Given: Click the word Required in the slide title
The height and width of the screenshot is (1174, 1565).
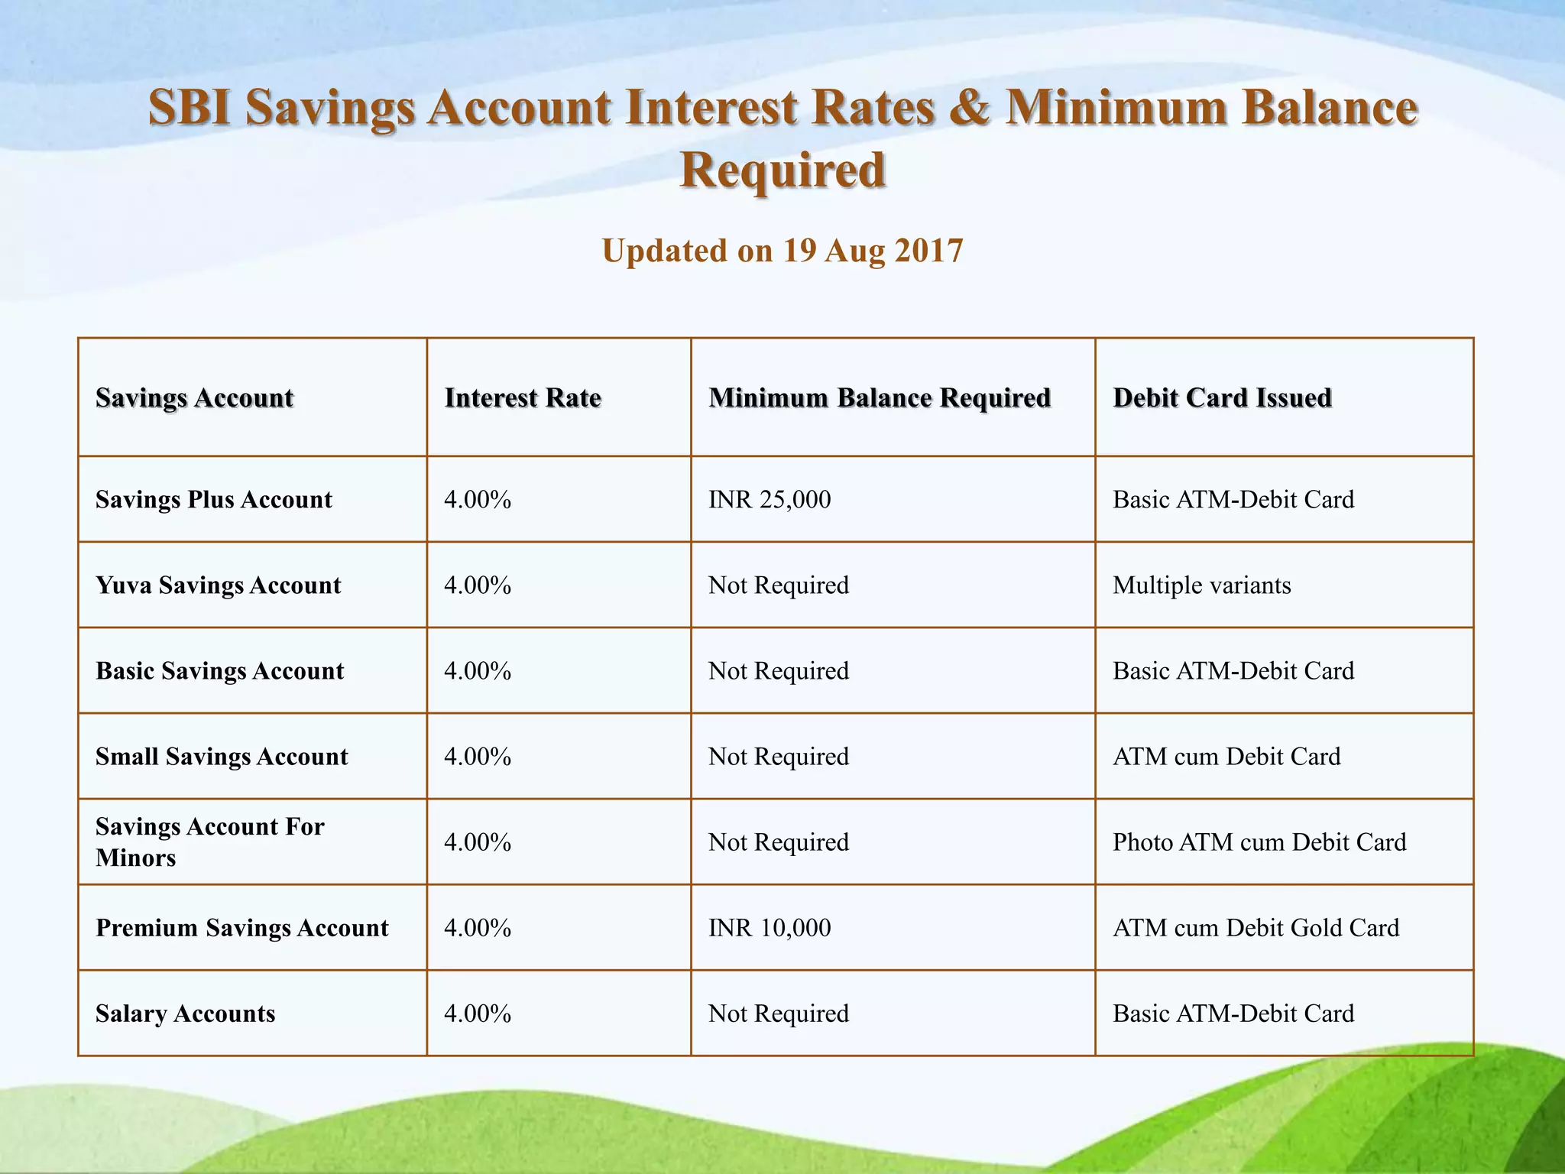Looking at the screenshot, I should pos(782,170).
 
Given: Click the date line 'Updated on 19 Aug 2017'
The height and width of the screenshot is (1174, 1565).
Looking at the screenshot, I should pos(782,251).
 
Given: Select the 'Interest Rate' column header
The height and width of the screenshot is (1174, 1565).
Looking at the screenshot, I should pos(523,397).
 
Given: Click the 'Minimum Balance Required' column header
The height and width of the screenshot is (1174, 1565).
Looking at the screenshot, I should pos(880,397).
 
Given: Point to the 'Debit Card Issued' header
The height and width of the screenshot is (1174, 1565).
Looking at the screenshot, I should pos(1222,397).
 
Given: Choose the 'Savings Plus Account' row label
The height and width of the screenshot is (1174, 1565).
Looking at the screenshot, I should pos(214,500).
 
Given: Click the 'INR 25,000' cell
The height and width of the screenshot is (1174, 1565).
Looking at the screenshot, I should pos(770,500).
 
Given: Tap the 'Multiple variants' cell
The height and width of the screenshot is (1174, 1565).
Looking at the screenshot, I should pos(1201,585).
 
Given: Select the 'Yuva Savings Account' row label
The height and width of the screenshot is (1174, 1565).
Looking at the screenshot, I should pos(219,585).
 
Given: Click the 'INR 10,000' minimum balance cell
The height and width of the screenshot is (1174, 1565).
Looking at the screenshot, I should pos(770,928).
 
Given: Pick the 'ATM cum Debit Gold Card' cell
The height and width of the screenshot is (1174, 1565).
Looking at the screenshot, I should pos(1256,928).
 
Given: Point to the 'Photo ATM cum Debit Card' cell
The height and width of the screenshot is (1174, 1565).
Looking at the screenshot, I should pos(1259,842).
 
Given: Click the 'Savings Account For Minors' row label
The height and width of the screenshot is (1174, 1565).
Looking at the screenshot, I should pos(210,842).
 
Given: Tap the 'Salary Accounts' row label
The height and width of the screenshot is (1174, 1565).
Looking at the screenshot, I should pos(186,1013).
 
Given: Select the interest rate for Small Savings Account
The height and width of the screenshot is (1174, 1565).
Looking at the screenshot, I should pos(478,757).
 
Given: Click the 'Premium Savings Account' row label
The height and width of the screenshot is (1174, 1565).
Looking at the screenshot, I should pos(242,928).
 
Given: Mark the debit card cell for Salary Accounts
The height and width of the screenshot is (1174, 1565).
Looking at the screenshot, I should pos(1233,1013).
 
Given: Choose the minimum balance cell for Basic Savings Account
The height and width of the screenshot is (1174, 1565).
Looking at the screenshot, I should pos(779,671).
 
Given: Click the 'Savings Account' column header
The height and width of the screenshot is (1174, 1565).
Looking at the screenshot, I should pos(195,397).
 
